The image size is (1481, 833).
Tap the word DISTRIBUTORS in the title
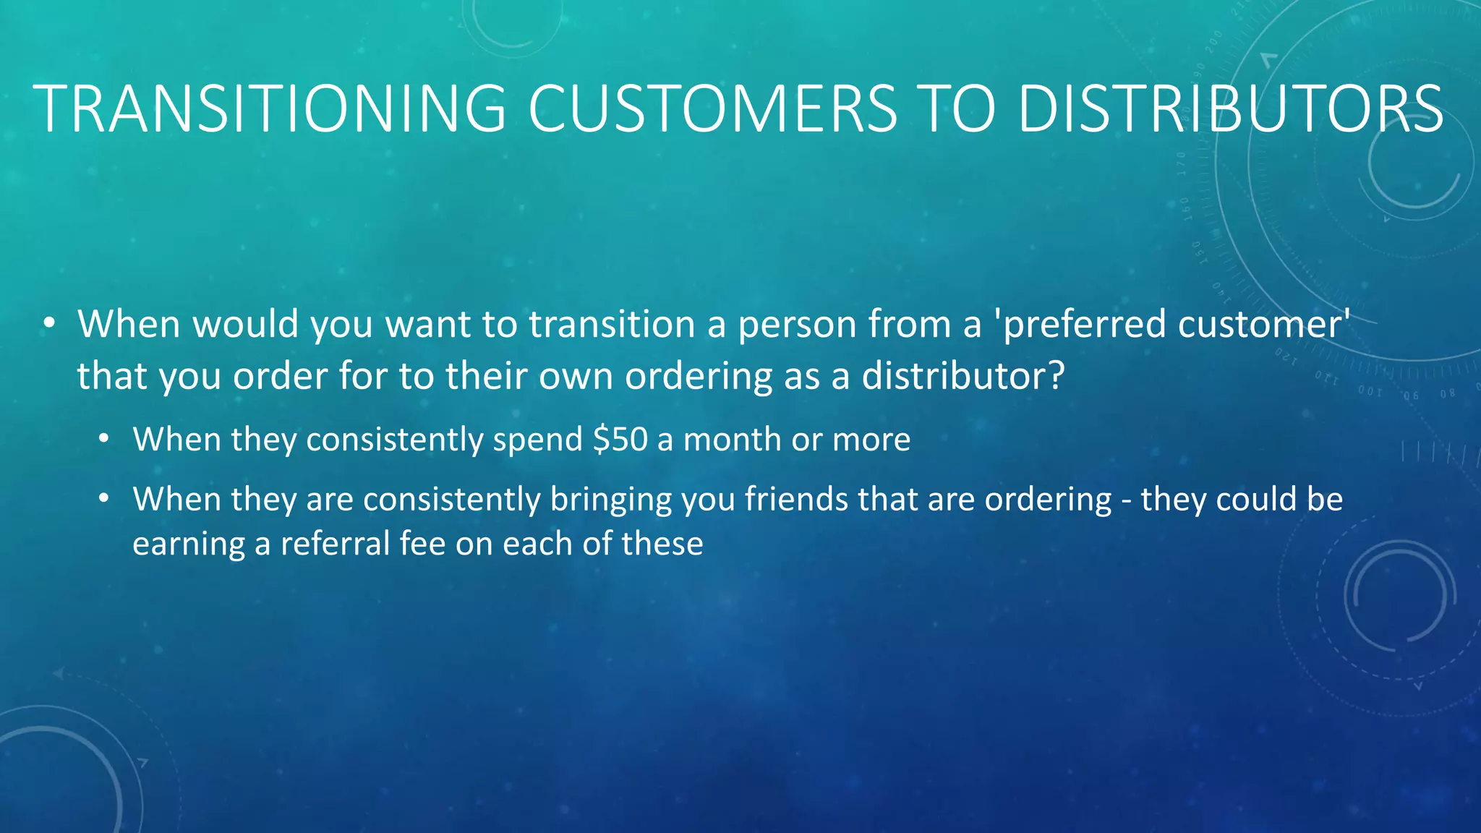tap(1230, 108)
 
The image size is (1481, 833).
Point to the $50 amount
tap(620, 440)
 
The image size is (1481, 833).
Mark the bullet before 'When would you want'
tap(48, 324)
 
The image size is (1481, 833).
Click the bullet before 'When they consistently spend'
tap(105, 439)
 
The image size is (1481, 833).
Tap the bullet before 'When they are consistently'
tap(105, 499)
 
